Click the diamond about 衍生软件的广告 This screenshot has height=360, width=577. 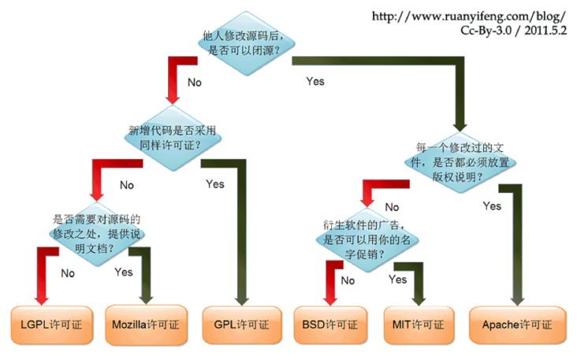pos(370,237)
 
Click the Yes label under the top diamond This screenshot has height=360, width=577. pos(315,80)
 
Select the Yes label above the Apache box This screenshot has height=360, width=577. pos(492,206)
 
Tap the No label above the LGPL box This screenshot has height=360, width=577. pos(68,273)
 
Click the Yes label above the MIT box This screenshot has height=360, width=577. pos(397,279)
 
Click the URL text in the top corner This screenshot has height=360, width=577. pos(468,15)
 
